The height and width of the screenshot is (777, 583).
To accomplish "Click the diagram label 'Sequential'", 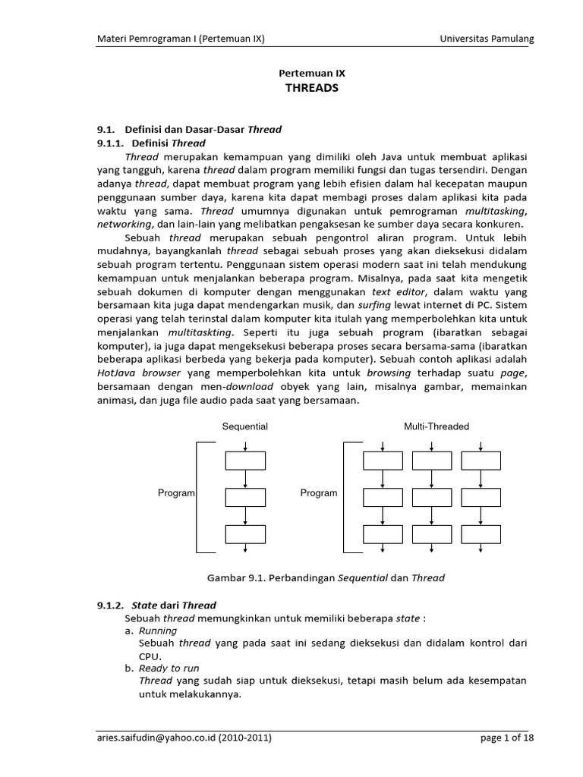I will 244,426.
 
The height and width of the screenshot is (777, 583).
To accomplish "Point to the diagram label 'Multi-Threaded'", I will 436,426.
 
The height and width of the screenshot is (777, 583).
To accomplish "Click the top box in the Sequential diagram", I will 246,461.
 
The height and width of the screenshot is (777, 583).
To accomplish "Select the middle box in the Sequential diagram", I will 246,497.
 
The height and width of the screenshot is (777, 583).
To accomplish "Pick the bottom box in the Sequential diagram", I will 246,534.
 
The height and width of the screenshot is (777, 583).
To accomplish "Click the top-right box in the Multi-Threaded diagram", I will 481,461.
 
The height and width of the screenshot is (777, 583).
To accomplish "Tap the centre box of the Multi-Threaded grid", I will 431,497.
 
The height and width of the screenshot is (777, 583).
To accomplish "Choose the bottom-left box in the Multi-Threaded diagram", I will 383,534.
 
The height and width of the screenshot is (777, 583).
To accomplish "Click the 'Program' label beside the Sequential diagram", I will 177,493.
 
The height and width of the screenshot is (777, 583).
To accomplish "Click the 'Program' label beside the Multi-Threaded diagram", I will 319,493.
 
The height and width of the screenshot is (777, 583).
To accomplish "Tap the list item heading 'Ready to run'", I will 169,668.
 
